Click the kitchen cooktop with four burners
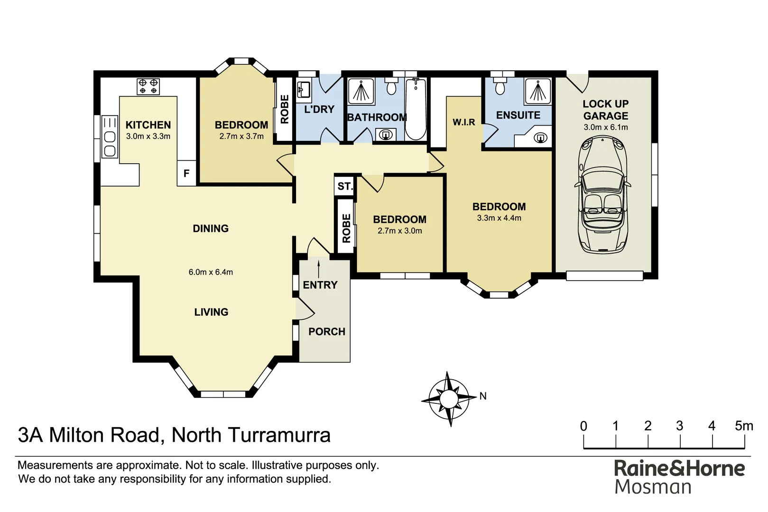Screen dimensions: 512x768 (148, 86)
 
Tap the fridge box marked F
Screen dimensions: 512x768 (186, 174)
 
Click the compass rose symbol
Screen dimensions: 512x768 (448, 399)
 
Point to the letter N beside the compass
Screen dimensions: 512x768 (483, 396)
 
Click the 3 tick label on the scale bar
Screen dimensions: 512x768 (679, 426)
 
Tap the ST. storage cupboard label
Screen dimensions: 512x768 (345, 186)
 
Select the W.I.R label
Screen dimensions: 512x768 (463, 122)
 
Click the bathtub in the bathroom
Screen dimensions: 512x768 (416, 109)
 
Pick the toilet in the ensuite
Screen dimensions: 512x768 (500, 87)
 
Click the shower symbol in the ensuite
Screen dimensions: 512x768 (538, 91)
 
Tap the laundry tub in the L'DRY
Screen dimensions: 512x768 (304, 89)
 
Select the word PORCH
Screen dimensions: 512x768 (327, 332)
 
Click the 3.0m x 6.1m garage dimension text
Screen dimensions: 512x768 (605, 127)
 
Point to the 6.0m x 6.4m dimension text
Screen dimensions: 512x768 (211, 272)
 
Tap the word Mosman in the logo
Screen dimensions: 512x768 (653, 487)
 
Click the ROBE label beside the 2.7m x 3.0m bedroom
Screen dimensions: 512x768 (346, 228)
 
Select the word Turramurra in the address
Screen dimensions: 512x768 (279, 435)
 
